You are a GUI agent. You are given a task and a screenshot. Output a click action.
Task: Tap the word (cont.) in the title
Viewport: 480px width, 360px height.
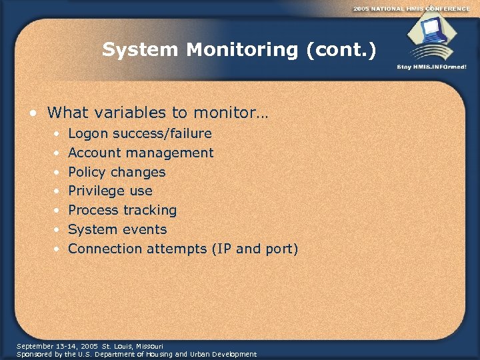click(341, 50)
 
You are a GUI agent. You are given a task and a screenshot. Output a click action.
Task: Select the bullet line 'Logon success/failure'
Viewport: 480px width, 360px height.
click(140, 134)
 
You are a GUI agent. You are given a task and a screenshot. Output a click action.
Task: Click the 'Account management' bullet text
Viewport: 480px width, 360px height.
click(141, 153)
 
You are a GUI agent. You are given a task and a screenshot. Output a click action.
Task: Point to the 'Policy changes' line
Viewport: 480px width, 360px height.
click(117, 172)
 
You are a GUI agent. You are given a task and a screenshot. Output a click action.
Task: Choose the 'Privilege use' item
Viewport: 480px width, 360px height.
click(110, 191)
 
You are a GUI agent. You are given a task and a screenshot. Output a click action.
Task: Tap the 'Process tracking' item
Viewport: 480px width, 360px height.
click(122, 211)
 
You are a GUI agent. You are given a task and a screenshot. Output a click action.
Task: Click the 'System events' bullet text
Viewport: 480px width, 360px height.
click(117, 230)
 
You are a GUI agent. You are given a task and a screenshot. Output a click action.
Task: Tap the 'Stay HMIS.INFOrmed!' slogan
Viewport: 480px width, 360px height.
click(431, 67)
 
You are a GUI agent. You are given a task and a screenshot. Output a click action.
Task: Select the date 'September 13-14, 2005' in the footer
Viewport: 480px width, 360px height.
click(57, 347)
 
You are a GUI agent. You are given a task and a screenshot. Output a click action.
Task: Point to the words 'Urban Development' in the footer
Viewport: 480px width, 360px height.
click(223, 355)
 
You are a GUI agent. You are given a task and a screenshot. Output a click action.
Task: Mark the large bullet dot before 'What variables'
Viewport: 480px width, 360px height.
click(33, 113)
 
